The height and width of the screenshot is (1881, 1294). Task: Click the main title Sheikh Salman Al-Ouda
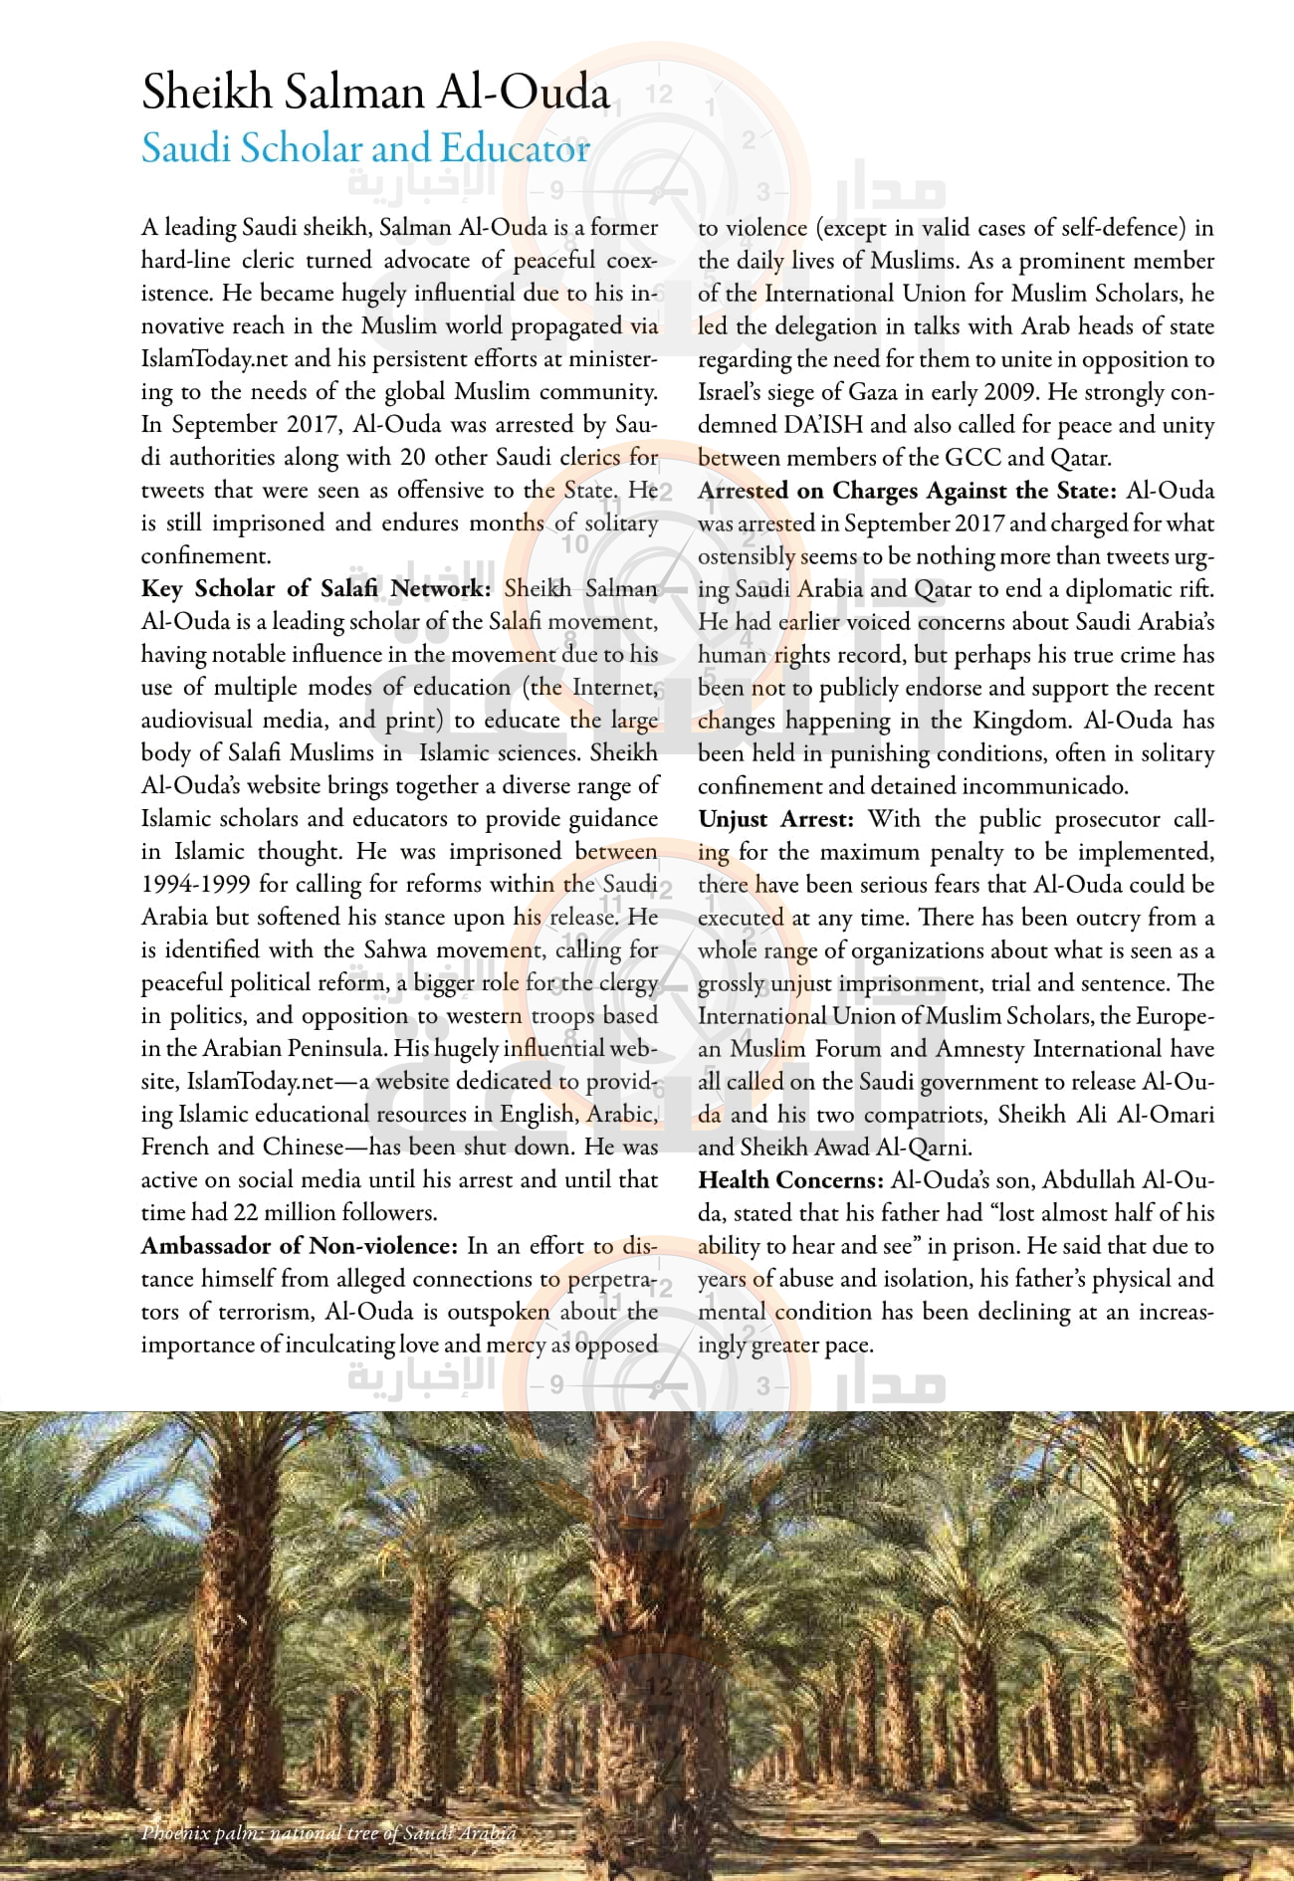[x=375, y=93]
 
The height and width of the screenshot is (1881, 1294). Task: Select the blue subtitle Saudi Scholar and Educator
[x=365, y=149]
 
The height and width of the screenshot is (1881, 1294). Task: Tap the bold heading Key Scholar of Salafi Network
[x=315, y=588]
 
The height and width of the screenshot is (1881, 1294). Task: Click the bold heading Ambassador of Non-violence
[x=299, y=1246]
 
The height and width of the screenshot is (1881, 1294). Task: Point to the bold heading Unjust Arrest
[x=775, y=819]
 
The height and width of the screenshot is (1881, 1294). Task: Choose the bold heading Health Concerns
[x=790, y=1180]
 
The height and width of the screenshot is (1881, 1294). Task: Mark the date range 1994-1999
[x=195, y=885]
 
